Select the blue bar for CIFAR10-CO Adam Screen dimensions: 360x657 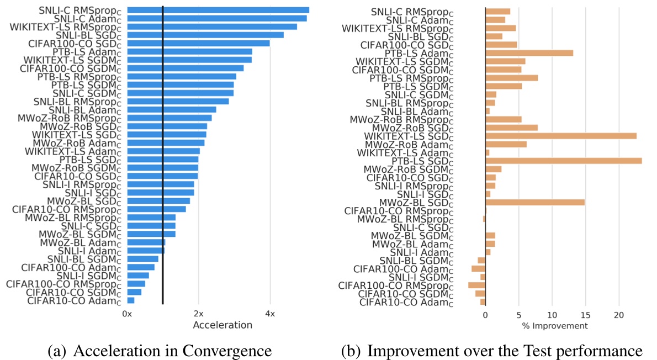[131, 300]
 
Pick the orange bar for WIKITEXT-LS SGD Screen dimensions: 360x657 [560, 136]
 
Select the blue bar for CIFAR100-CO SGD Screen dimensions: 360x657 [199, 43]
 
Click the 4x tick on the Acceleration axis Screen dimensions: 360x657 [269, 314]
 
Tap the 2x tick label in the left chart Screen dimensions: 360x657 [199, 314]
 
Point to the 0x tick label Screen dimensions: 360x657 [128, 314]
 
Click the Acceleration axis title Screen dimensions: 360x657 [222, 325]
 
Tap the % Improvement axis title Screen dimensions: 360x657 [555, 326]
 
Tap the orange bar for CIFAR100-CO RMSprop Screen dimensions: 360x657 [476, 285]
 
